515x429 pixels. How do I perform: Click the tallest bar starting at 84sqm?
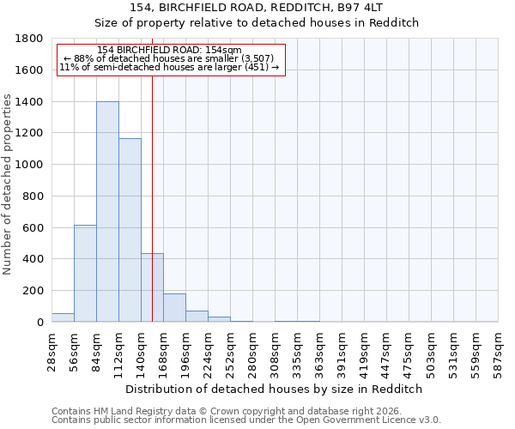point(107,212)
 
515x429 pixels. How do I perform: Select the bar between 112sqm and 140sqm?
point(130,230)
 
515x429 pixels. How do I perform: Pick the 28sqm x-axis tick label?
point(51,351)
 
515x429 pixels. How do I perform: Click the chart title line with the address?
point(256,8)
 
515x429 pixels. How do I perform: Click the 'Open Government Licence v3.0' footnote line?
point(246,420)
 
